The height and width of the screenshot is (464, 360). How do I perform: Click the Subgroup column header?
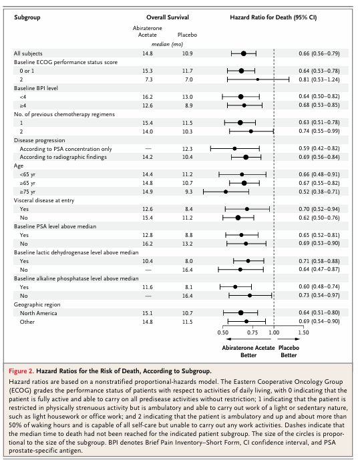click(x=27, y=17)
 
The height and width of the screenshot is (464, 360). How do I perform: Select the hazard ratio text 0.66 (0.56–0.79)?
click(x=319, y=53)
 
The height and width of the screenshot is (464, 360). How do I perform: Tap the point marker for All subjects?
click(x=243, y=53)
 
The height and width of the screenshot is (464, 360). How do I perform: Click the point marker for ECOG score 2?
click(x=258, y=79)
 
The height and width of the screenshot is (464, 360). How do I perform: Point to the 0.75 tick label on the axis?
click(x=252, y=332)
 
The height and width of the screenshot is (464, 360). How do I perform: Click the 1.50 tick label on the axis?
click(x=303, y=332)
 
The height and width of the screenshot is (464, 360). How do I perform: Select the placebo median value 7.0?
click(x=188, y=79)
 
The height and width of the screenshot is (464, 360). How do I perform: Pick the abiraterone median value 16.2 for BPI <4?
click(x=148, y=97)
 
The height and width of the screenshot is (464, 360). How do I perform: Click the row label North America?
click(x=38, y=313)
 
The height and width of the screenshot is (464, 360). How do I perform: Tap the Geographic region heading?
click(x=37, y=304)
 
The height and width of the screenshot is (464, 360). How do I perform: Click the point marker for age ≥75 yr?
click(x=226, y=192)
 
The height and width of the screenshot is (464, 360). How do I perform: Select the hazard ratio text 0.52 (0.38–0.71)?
click(x=319, y=192)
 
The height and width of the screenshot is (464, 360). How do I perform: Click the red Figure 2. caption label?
click(x=21, y=371)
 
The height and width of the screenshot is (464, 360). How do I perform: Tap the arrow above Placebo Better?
click(x=289, y=339)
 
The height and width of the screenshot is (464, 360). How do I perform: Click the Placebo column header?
click(x=187, y=35)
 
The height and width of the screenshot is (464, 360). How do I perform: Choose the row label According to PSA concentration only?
click(x=65, y=149)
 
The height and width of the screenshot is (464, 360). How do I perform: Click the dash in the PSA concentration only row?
click(x=148, y=149)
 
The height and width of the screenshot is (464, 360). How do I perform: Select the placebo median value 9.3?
click(x=188, y=192)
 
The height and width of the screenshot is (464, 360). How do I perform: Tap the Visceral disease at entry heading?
click(x=44, y=200)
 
